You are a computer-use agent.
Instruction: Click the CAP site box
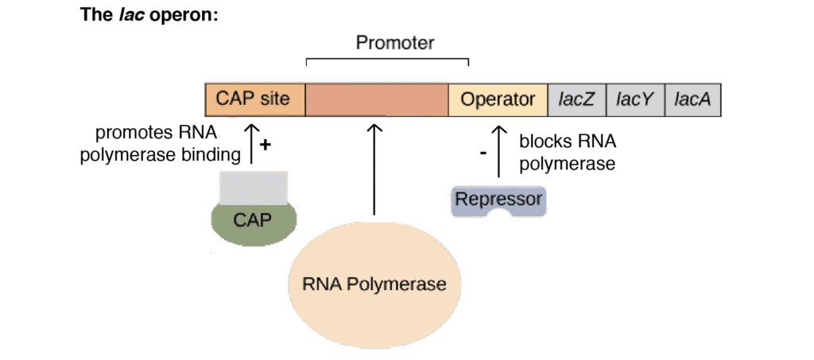pos(255,100)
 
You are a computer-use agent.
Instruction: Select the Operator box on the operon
pos(498,100)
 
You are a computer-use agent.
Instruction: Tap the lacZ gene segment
pos(577,100)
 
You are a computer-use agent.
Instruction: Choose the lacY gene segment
pos(635,100)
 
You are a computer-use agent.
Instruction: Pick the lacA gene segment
pos(692,100)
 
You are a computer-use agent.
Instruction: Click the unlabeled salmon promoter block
pos(377,100)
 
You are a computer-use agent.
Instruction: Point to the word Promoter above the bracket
pos(394,43)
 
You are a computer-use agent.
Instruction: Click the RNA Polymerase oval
pos(374,284)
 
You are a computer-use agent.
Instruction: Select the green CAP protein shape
pos(253,219)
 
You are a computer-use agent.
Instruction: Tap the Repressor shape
pos(499,199)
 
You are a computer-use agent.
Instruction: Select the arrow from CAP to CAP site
pos(252,143)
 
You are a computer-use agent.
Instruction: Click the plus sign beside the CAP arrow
pos(266,146)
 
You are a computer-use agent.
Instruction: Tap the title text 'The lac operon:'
pos(149,15)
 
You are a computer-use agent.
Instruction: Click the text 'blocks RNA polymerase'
pos(568,153)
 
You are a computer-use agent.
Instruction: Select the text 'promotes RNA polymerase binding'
pos(161,145)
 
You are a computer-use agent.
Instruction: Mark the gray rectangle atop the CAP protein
pos(253,186)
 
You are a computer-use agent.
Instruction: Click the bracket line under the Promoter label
pos(387,59)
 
